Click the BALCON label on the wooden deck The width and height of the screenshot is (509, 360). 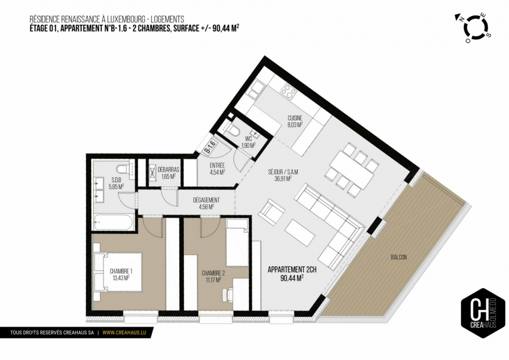pyautogui.click(x=398, y=257)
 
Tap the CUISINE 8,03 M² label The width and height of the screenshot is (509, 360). pyautogui.click(x=295, y=122)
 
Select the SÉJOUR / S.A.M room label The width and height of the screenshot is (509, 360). pyautogui.click(x=279, y=174)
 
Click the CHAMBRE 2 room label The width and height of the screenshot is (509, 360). pyautogui.click(x=214, y=274)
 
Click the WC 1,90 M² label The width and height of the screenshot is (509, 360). pyautogui.click(x=248, y=142)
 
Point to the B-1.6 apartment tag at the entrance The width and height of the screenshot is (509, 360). pyautogui.click(x=209, y=148)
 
